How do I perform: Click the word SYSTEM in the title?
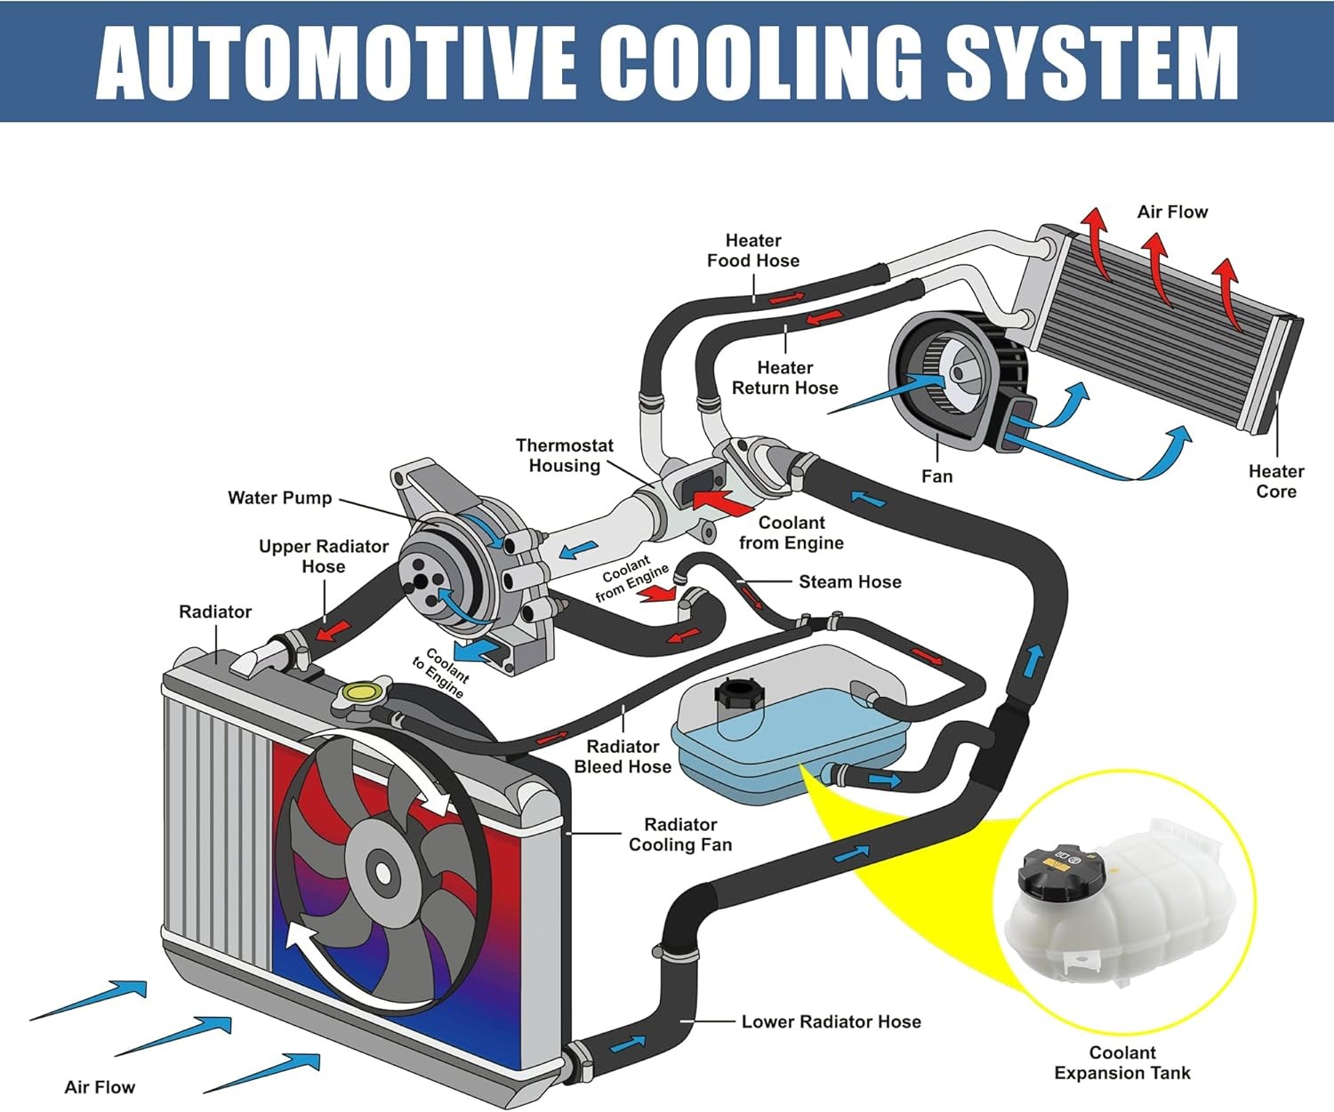[x=1091, y=61]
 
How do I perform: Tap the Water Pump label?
[x=279, y=498]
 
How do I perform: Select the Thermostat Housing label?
[x=564, y=455]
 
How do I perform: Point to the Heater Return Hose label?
[x=784, y=378]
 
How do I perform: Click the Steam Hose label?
[x=849, y=581]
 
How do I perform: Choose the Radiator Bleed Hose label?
[x=623, y=756]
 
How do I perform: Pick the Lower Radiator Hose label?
[x=831, y=1021]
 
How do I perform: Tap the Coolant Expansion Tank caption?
[x=1121, y=1063]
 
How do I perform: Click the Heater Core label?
[x=1275, y=481]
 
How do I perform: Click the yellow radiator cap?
[x=361, y=692]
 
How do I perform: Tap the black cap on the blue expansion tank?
[x=737, y=692]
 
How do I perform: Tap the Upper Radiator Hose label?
[x=323, y=556]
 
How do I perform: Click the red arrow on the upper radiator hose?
[x=333, y=630]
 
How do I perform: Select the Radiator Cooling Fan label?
[x=680, y=835]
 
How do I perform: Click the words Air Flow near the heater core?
[x=1172, y=212]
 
